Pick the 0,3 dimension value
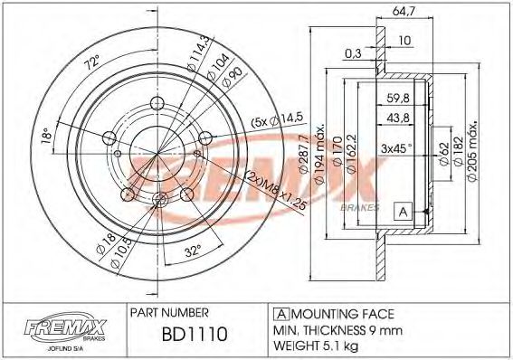click(x=355, y=53)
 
